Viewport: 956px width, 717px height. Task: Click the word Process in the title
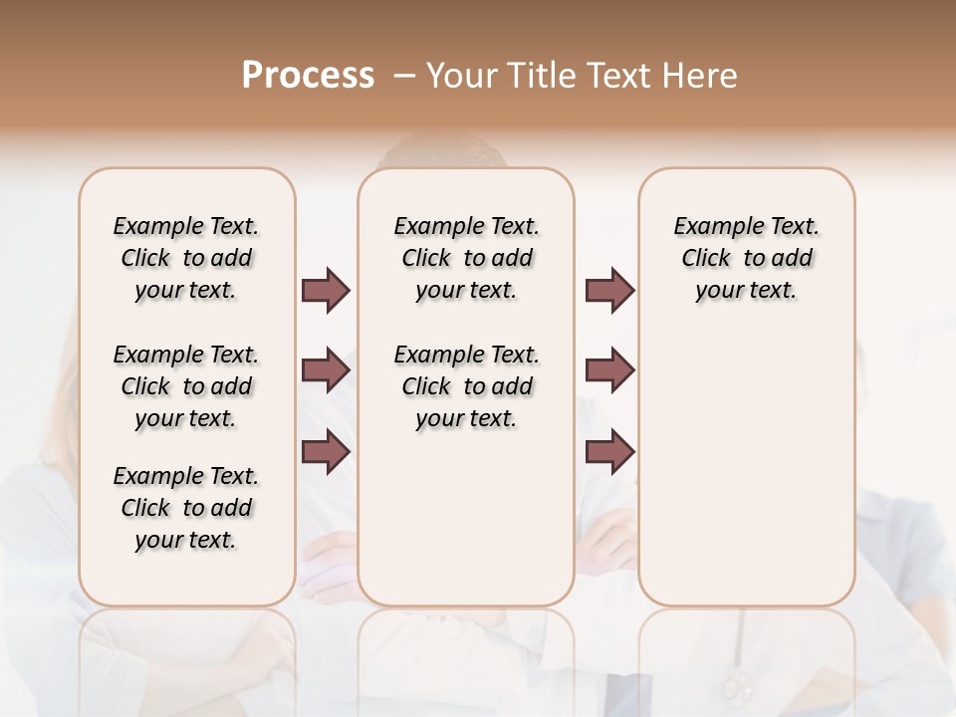coord(308,76)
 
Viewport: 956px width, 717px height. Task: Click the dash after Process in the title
coord(403,77)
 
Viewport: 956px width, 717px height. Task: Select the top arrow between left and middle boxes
coord(326,290)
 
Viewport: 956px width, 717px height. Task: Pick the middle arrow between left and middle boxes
coord(326,371)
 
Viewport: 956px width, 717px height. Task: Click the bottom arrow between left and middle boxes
coord(326,452)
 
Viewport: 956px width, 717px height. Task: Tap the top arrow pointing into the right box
coord(609,290)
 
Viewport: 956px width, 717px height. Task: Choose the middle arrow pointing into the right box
coord(609,371)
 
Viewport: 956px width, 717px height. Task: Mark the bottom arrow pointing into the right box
coord(609,452)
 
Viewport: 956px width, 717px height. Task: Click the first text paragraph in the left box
coord(186,258)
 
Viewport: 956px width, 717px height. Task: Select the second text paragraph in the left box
coord(186,386)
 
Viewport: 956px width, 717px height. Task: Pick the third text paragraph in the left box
coord(186,508)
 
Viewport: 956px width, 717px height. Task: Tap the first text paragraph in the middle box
coord(466,258)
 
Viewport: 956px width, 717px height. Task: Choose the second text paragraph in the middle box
coord(466,386)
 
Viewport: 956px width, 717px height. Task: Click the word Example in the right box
coord(713,227)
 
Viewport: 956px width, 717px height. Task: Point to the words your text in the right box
coord(746,291)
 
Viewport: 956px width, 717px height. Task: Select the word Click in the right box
coord(706,259)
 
